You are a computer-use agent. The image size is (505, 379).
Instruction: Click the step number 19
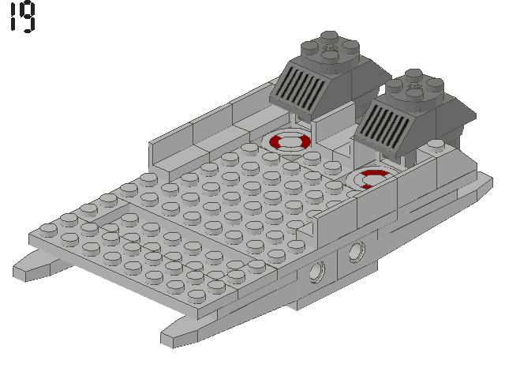coord(23,17)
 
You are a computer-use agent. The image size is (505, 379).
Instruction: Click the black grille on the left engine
coord(298,88)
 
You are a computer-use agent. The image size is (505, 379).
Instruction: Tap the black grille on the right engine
coord(386,126)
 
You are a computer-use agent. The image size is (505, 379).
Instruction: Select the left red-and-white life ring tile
coord(289,142)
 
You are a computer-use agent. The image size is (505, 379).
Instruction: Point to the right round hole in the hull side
coord(357,252)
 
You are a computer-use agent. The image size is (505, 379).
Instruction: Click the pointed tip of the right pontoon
coord(169,338)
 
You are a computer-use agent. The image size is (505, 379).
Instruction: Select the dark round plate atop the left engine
coord(327,47)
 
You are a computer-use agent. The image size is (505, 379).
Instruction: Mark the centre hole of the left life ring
coord(290,141)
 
